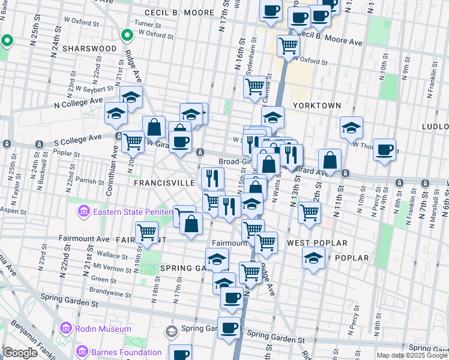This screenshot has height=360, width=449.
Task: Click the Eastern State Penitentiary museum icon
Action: (83, 211)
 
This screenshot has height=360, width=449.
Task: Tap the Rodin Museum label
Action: (103, 329)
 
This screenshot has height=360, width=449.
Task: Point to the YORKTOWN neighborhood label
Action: (316, 106)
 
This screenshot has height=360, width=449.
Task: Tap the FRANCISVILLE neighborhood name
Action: (164, 182)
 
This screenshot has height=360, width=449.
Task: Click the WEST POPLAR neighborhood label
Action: (317, 243)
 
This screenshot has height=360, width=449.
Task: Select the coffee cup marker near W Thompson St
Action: (384, 149)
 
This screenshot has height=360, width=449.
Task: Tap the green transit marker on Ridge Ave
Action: (127, 36)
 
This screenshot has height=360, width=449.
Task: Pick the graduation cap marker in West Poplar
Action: (313, 259)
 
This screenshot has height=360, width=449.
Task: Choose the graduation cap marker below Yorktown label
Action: (351, 127)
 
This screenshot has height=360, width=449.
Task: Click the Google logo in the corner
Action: (20, 353)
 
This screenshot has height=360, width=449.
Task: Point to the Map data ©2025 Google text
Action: (412, 355)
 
